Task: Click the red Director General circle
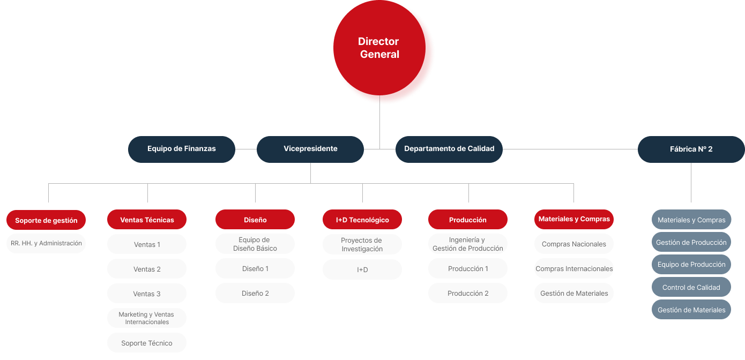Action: [x=379, y=48]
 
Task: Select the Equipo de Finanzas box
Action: [x=182, y=149]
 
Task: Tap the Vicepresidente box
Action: [x=310, y=149]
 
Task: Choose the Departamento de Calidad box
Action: [x=449, y=149]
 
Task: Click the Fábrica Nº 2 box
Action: [x=691, y=149]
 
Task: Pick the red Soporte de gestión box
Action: [x=46, y=220]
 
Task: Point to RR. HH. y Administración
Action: [x=46, y=243]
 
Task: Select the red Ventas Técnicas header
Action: [x=147, y=220]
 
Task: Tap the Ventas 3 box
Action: [x=147, y=294]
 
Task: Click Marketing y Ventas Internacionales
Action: [x=147, y=318]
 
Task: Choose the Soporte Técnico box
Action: [x=147, y=343]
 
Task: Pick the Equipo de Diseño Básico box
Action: [x=255, y=244]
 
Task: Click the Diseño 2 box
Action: [x=255, y=293]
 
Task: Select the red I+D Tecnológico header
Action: [x=362, y=220]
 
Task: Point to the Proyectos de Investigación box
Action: [x=362, y=244]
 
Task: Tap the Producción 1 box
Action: [x=468, y=268]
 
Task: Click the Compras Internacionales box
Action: [x=574, y=268]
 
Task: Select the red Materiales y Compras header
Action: [x=574, y=219]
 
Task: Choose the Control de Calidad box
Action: [x=691, y=287]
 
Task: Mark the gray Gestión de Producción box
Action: [x=691, y=242]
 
